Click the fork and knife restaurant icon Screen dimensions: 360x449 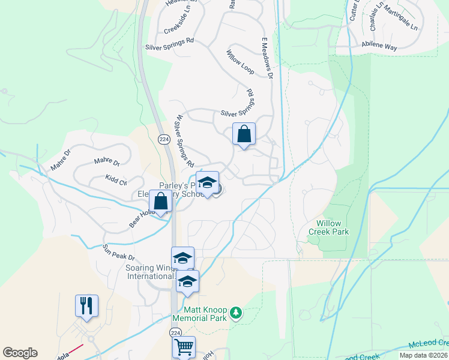pyautogui.click(x=86, y=305)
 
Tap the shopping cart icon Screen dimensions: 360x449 pyautogui.click(x=184, y=346)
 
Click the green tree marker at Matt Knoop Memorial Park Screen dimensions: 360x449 pyautogui.click(x=237, y=313)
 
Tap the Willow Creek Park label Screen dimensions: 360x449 pyautogui.click(x=328, y=227)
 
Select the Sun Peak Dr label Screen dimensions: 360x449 pyautogui.click(x=118, y=253)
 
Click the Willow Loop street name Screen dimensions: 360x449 pyautogui.click(x=240, y=62)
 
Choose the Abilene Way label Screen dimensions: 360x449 pyautogui.click(x=379, y=44)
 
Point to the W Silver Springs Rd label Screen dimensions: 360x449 pyautogui.click(x=184, y=142)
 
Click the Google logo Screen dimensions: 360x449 pyautogui.click(x=20, y=353)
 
